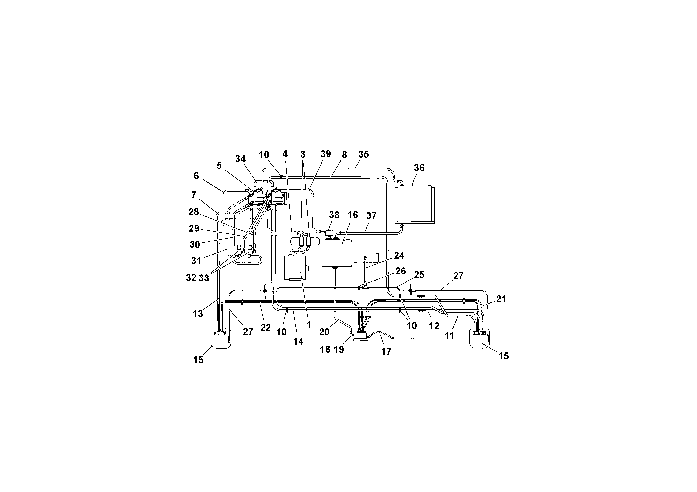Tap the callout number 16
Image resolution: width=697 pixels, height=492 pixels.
[x=352, y=215]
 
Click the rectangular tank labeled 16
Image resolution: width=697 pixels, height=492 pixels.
[x=337, y=254]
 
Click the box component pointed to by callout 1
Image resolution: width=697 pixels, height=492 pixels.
[x=295, y=268]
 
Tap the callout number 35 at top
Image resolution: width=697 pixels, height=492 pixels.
[x=363, y=154]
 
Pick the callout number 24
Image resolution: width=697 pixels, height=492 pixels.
[x=399, y=255]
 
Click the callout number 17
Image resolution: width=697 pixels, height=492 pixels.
[x=386, y=351]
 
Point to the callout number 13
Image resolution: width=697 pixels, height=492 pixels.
[x=198, y=314]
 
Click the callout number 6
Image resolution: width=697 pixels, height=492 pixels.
[x=196, y=176]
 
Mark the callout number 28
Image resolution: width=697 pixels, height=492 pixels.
[x=193, y=212]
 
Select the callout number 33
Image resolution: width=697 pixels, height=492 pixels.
[x=204, y=278]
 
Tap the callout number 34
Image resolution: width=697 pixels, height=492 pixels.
[x=240, y=159]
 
